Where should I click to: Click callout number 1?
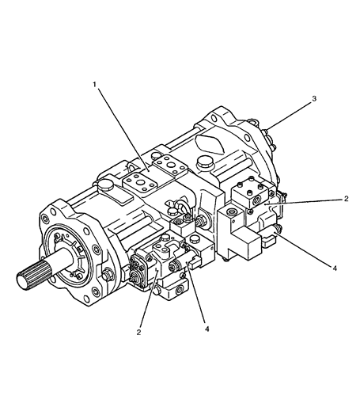click(94, 85)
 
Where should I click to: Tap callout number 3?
click(314, 99)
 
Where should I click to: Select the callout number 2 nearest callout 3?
click(346, 198)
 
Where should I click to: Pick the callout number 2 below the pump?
click(138, 333)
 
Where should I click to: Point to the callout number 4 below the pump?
click(207, 329)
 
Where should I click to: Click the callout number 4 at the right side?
click(335, 268)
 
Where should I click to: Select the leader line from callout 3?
click(289, 116)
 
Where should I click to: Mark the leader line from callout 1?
click(123, 130)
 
